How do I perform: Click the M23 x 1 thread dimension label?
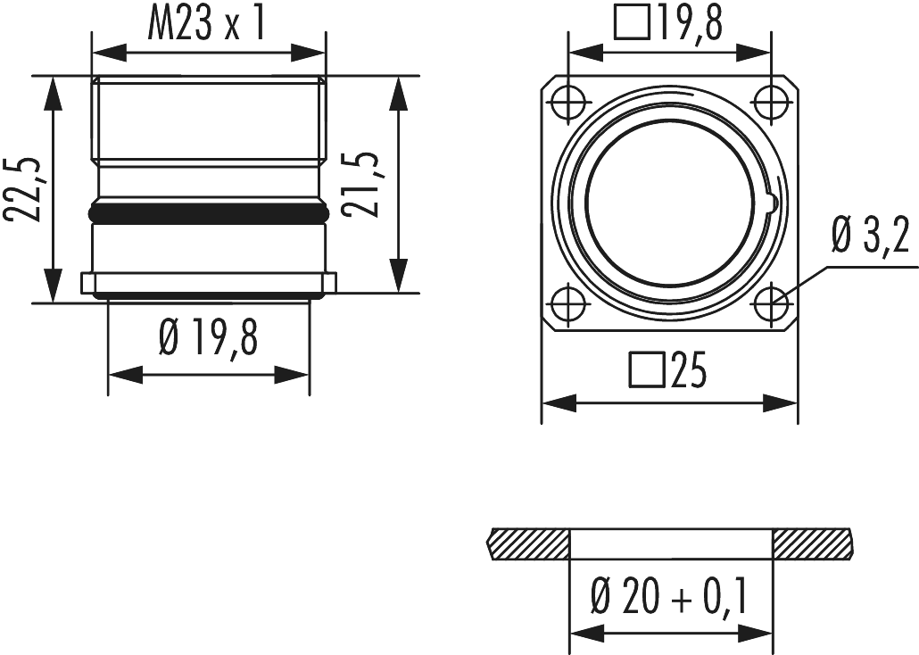click(x=207, y=25)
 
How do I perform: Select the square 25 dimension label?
click(x=667, y=370)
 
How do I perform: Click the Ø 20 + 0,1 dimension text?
click(x=669, y=595)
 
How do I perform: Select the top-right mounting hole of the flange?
click(x=769, y=101)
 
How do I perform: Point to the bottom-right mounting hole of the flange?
click(x=769, y=303)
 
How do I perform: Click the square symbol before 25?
click(x=643, y=369)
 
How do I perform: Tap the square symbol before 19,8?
click(x=632, y=25)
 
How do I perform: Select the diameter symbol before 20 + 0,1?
click(x=600, y=596)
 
